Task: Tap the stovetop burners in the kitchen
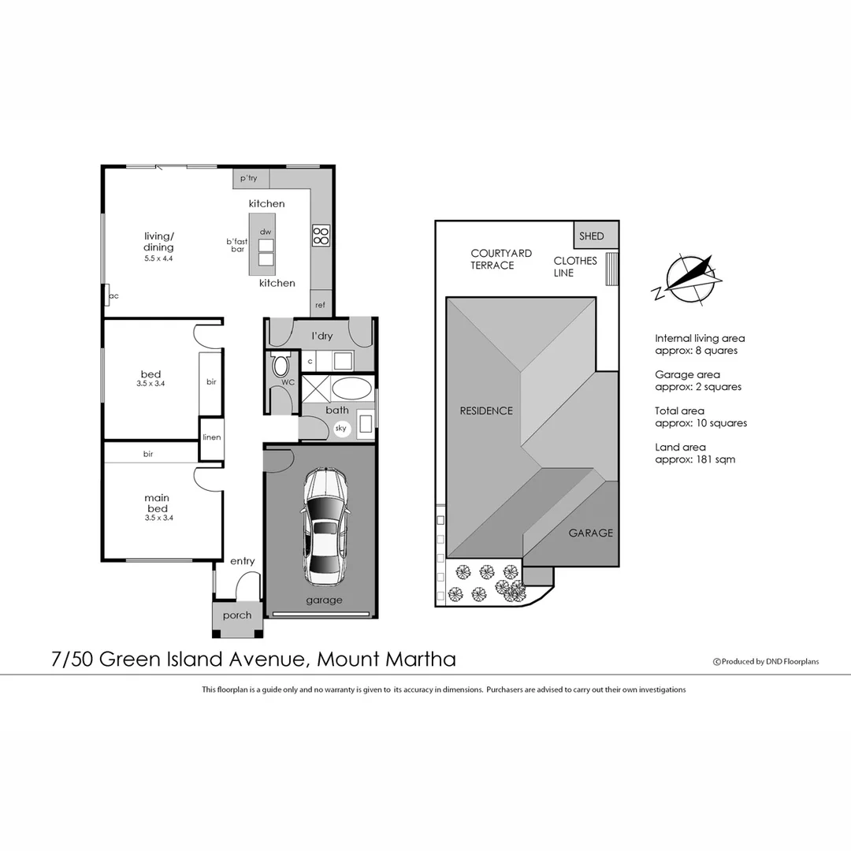click(x=321, y=235)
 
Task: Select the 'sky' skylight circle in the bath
click(x=341, y=429)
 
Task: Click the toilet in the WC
click(x=281, y=366)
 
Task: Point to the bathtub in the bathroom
click(x=351, y=388)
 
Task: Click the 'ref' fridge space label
click(x=320, y=305)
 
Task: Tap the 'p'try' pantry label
click(x=248, y=179)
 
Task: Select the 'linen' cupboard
click(x=211, y=437)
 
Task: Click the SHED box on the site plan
click(x=592, y=236)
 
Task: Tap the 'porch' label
click(x=237, y=615)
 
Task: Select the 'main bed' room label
click(x=157, y=503)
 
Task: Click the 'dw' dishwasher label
click(x=266, y=232)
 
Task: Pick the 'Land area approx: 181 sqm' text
click(x=695, y=453)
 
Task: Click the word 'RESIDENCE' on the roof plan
click(x=486, y=411)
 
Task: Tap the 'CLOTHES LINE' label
click(x=574, y=266)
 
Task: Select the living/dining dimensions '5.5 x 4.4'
click(x=158, y=258)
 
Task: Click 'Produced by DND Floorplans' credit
click(x=766, y=662)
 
